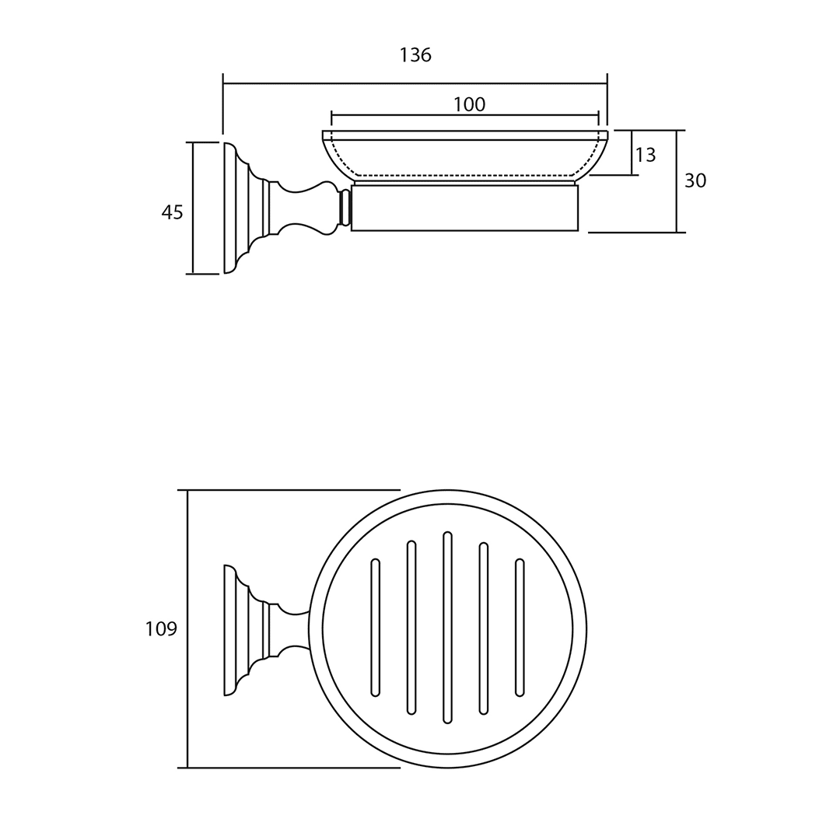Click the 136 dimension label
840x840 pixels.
[415, 55]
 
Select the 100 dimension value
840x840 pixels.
[469, 105]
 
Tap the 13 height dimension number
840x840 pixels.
[646, 156]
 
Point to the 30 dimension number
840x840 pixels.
[695, 181]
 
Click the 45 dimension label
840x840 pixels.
[172, 212]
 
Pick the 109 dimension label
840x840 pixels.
[161, 628]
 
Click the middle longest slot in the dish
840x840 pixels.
[447, 628]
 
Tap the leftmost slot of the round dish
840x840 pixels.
[376, 628]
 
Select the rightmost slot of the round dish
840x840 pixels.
[520, 628]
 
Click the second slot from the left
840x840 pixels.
[411, 628]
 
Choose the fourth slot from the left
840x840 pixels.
[484, 628]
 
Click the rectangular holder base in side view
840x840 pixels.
[464, 208]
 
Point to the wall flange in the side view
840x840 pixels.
[230, 208]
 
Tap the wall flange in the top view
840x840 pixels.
[230, 630]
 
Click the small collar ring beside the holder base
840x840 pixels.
[345, 208]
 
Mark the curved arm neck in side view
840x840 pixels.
[299, 208]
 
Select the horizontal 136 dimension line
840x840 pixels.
[415, 83]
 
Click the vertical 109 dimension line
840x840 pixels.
[187, 628]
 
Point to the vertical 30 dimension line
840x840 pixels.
[677, 181]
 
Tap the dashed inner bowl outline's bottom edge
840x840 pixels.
[464, 175]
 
